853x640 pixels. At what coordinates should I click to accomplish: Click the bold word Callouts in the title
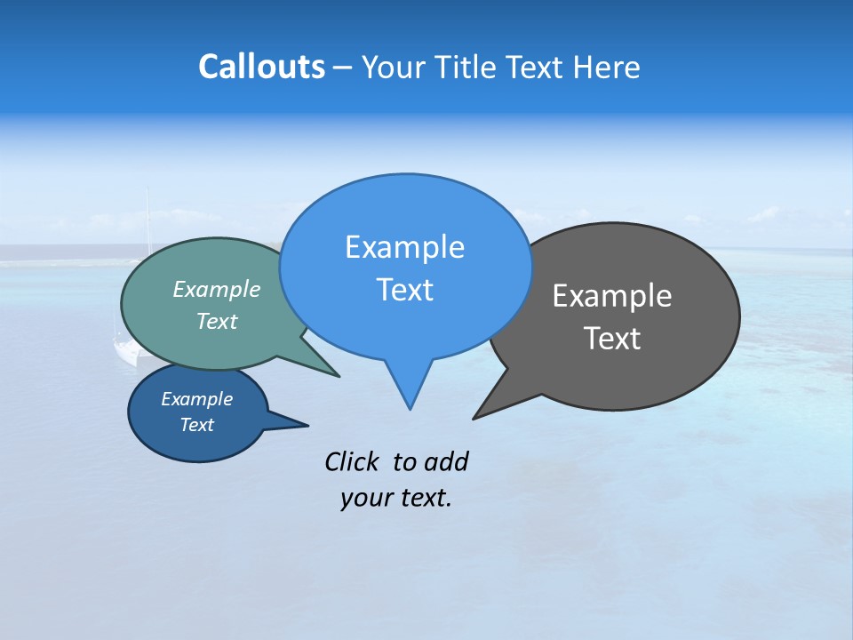[261, 67]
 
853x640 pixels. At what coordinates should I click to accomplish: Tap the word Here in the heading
[607, 68]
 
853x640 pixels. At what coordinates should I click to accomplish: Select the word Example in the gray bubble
[612, 296]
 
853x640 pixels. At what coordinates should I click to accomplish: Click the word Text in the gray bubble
[612, 339]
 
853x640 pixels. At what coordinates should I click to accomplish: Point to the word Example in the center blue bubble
[404, 247]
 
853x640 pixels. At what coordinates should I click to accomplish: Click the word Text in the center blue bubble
[404, 290]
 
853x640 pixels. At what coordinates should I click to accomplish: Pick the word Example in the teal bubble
[217, 289]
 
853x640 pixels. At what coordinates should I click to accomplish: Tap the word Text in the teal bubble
[217, 321]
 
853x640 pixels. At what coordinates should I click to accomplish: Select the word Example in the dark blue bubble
[196, 399]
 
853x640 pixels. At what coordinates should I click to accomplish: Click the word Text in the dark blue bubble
[196, 425]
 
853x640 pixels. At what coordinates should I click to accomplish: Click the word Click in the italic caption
[352, 461]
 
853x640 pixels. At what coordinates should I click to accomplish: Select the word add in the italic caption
[446, 461]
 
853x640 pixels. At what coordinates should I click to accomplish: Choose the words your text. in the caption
[396, 498]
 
